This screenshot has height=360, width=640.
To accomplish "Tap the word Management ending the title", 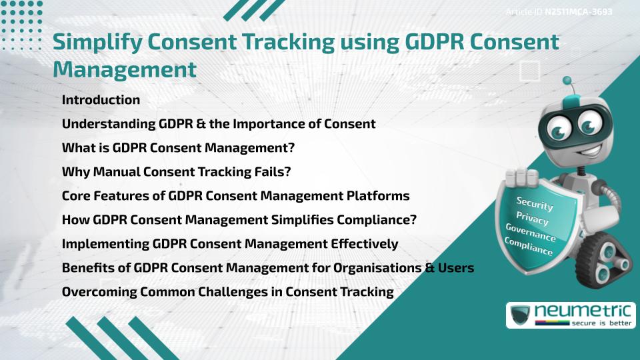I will point(125,69).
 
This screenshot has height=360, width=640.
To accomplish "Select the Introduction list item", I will point(101,100).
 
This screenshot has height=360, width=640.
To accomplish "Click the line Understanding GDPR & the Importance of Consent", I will point(219,124).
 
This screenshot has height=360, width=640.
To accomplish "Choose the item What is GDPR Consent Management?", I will point(178,148).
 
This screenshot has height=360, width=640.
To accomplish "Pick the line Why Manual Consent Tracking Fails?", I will point(176,172).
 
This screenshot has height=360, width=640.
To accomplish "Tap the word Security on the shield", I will point(534,204).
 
